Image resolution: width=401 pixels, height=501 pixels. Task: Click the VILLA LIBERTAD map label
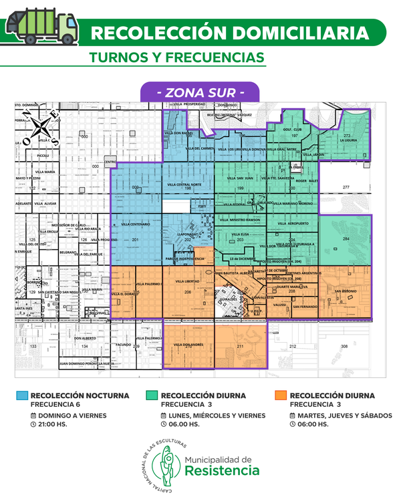[x=188, y=283]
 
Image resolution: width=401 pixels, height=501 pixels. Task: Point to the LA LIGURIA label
[x=349, y=141]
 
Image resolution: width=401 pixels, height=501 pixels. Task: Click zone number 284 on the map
[x=346, y=238]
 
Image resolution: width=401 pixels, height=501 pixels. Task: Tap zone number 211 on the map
[x=240, y=346]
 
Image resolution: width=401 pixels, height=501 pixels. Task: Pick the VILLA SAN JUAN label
[x=240, y=178]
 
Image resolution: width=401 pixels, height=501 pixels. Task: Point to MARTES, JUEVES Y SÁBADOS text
[x=344, y=415]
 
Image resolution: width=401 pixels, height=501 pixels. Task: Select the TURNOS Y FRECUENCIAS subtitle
[x=176, y=57]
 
